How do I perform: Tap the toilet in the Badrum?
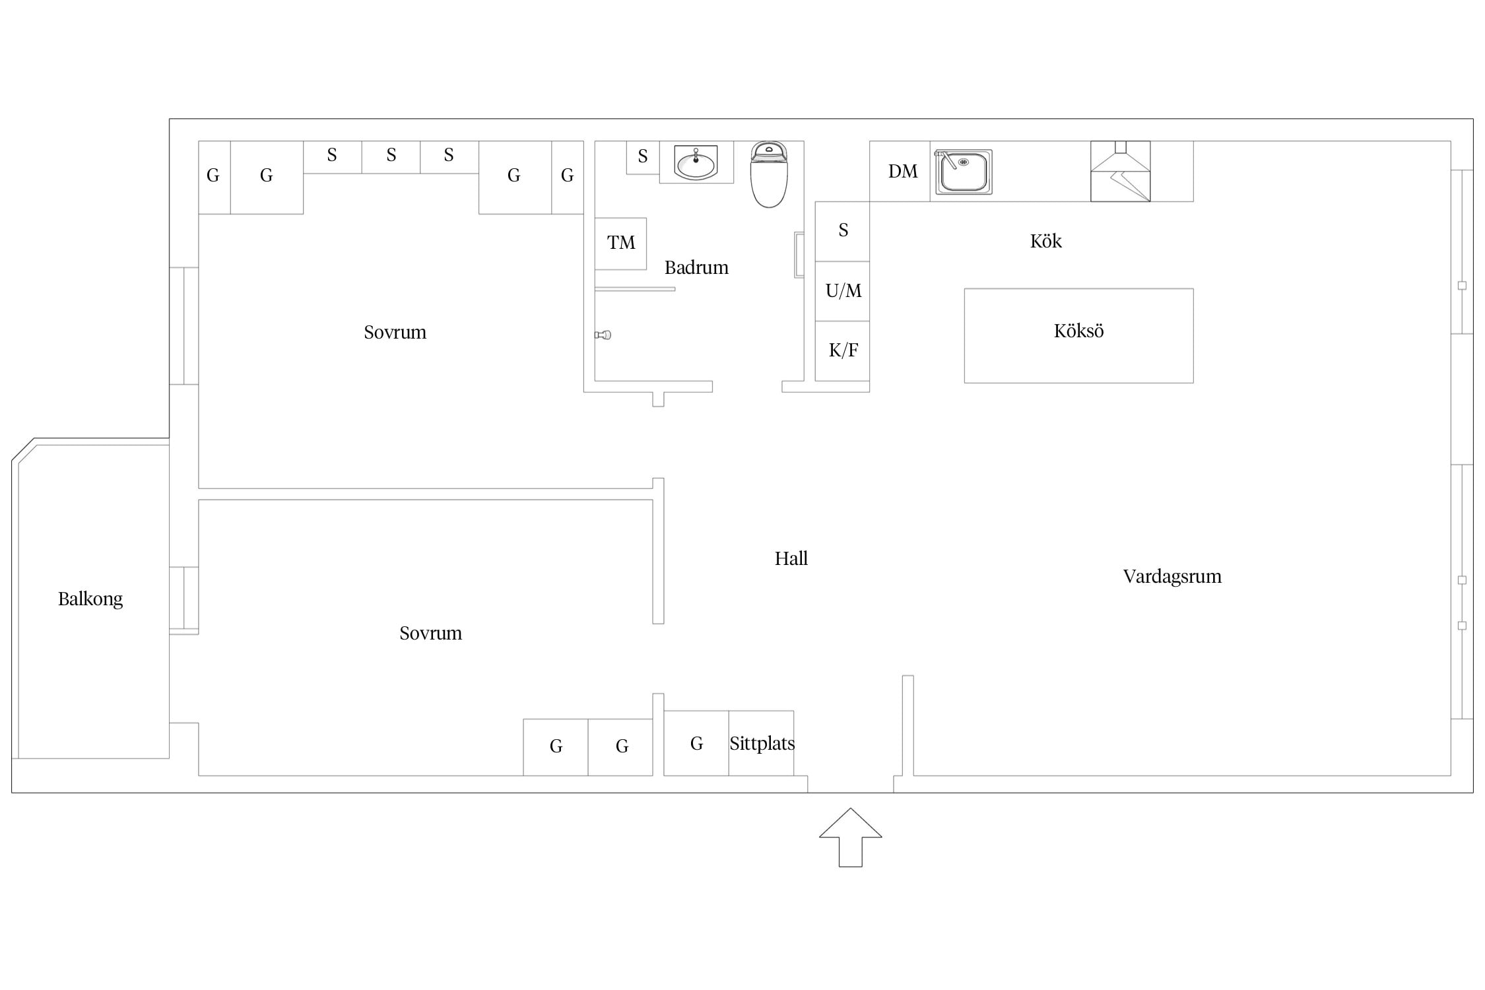(769, 174)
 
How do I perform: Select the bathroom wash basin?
(696, 162)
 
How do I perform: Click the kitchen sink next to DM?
(963, 172)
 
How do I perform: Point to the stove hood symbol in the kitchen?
(1120, 171)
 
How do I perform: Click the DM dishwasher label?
(903, 172)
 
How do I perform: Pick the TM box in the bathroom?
(620, 244)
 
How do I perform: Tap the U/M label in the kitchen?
(843, 291)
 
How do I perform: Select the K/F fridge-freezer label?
(843, 350)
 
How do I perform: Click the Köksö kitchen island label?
(1078, 331)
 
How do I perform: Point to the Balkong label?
(90, 599)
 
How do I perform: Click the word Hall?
(791, 559)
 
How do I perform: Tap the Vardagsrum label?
(1172, 577)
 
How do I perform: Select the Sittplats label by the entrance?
(762, 744)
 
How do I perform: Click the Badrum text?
(696, 267)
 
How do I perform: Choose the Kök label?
(1045, 241)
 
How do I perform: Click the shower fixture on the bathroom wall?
(603, 335)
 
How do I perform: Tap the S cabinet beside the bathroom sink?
(643, 157)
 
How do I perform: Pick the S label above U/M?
(843, 230)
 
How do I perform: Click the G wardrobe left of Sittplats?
(696, 743)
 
